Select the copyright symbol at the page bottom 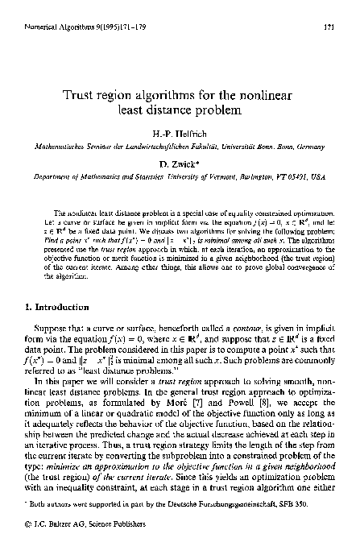coord(29,515)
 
